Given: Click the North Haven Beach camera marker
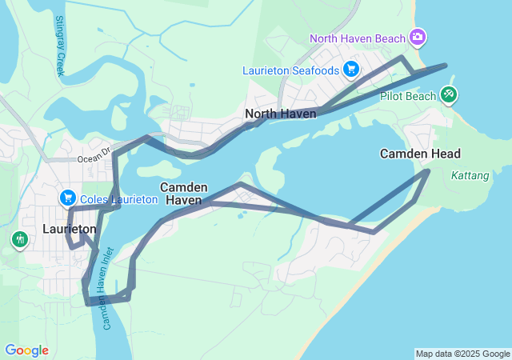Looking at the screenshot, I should (x=417, y=37).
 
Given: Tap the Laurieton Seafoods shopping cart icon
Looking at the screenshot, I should (x=350, y=70).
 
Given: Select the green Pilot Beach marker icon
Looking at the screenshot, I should (x=449, y=96).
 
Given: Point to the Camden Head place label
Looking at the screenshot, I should (x=420, y=153).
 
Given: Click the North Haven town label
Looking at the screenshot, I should (x=280, y=114).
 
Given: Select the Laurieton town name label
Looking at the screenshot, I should (x=69, y=229).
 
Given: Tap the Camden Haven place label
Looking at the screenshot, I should (x=184, y=193).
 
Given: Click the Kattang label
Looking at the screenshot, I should (x=467, y=174).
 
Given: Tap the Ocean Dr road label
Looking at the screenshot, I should (x=94, y=159).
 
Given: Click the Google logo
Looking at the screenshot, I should (x=26, y=350).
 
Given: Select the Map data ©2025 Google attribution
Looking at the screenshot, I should (x=462, y=354).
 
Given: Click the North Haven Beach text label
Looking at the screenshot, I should (x=358, y=38).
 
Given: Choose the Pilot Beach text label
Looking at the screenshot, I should (x=408, y=96).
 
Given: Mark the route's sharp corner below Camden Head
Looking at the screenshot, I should (x=427, y=170).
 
